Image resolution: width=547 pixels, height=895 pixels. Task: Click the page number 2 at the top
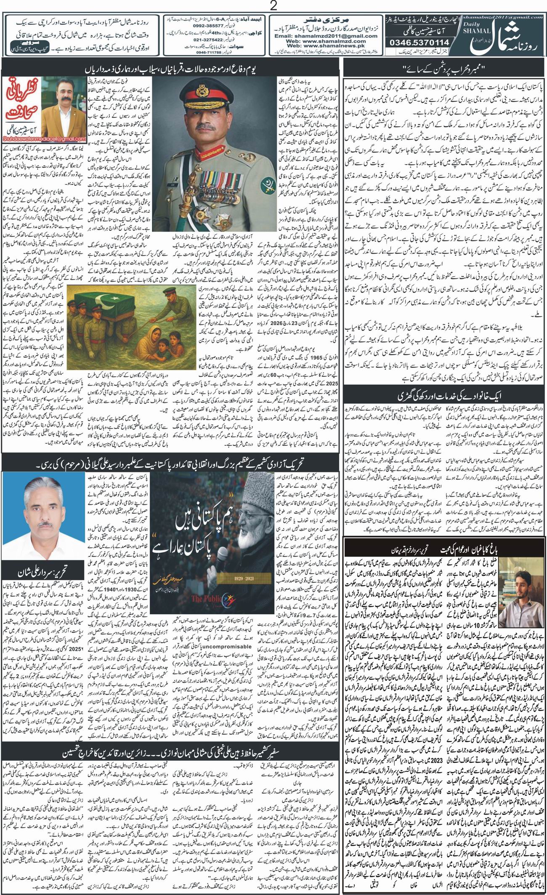(x=273, y=6)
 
